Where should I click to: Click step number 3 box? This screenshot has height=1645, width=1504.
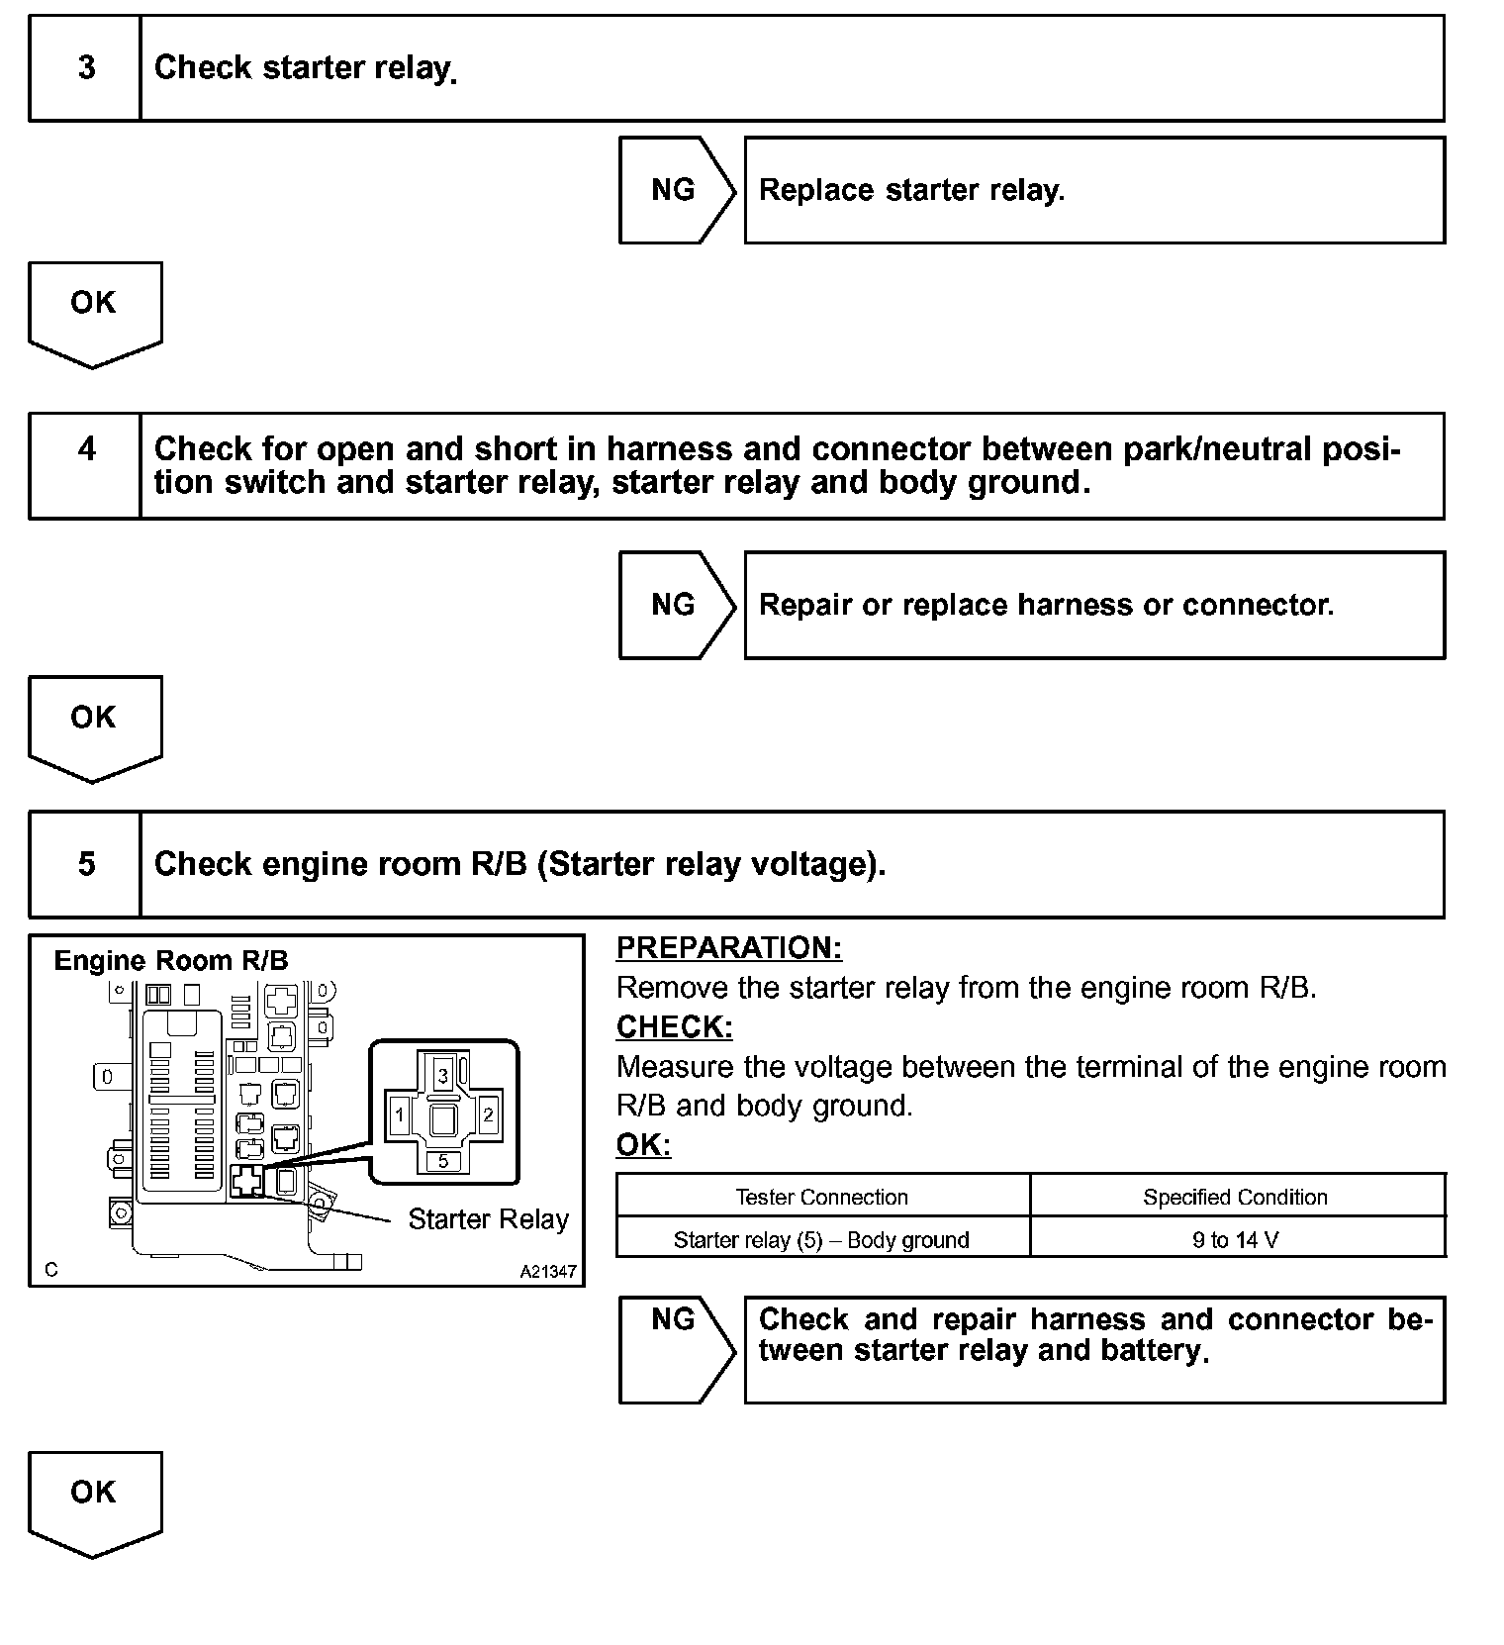tap(86, 68)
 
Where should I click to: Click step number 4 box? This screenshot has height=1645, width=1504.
tap(86, 465)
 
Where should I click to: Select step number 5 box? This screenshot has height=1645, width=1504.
tap(86, 864)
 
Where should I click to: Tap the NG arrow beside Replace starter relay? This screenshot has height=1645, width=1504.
tap(675, 190)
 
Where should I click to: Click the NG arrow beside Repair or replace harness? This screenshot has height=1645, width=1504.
tap(675, 605)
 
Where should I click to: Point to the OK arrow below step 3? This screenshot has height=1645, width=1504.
tap(94, 310)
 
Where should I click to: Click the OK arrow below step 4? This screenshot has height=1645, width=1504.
tap(94, 725)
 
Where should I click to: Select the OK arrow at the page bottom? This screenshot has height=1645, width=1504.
tap(94, 1500)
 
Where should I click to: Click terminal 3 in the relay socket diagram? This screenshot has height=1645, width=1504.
tap(443, 1075)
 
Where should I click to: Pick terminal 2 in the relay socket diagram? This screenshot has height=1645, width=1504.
tap(488, 1115)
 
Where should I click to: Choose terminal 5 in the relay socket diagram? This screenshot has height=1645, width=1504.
tap(443, 1161)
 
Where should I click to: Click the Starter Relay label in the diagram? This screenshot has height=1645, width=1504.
tap(489, 1219)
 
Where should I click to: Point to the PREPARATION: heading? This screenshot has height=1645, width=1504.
tap(729, 948)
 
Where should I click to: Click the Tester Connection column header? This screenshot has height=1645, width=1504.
tap(821, 1197)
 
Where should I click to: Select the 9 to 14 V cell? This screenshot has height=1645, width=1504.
tap(1236, 1239)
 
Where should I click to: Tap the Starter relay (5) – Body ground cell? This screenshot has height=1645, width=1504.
tap(821, 1239)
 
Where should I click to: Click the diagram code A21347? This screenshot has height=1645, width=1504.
tap(548, 1272)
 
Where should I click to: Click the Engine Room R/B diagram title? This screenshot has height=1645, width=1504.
tap(171, 960)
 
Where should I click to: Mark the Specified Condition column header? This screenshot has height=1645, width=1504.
tap(1236, 1197)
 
